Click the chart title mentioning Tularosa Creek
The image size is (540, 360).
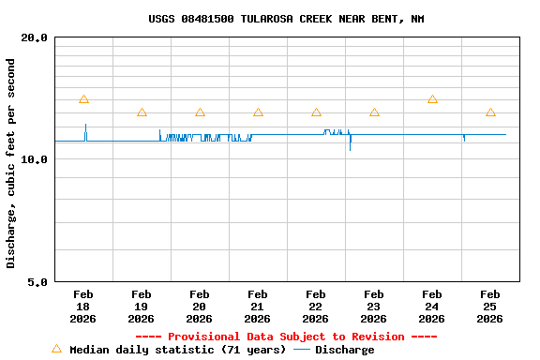click(286, 19)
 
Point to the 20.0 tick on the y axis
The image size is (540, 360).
click(35, 37)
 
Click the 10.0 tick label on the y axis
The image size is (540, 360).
click(35, 159)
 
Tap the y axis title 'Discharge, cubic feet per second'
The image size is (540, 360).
click(11, 163)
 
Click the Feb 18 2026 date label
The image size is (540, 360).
click(83, 307)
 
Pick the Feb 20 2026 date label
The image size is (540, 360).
click(200, 307)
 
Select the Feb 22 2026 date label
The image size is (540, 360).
click(316, 307)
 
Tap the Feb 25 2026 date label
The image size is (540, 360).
click(490, 307)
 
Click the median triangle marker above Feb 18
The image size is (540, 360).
click(83, 99)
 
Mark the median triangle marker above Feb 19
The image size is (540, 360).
click(142, 112)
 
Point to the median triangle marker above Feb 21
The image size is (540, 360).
click(258, 112)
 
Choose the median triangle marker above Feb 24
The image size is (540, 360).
click(432, 99)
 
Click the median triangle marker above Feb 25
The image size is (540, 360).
click(490, 112)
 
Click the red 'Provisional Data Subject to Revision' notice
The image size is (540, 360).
click(286, 337)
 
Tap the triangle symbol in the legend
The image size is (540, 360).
click(56, 349)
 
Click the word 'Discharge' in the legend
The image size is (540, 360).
click(344, 350)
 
